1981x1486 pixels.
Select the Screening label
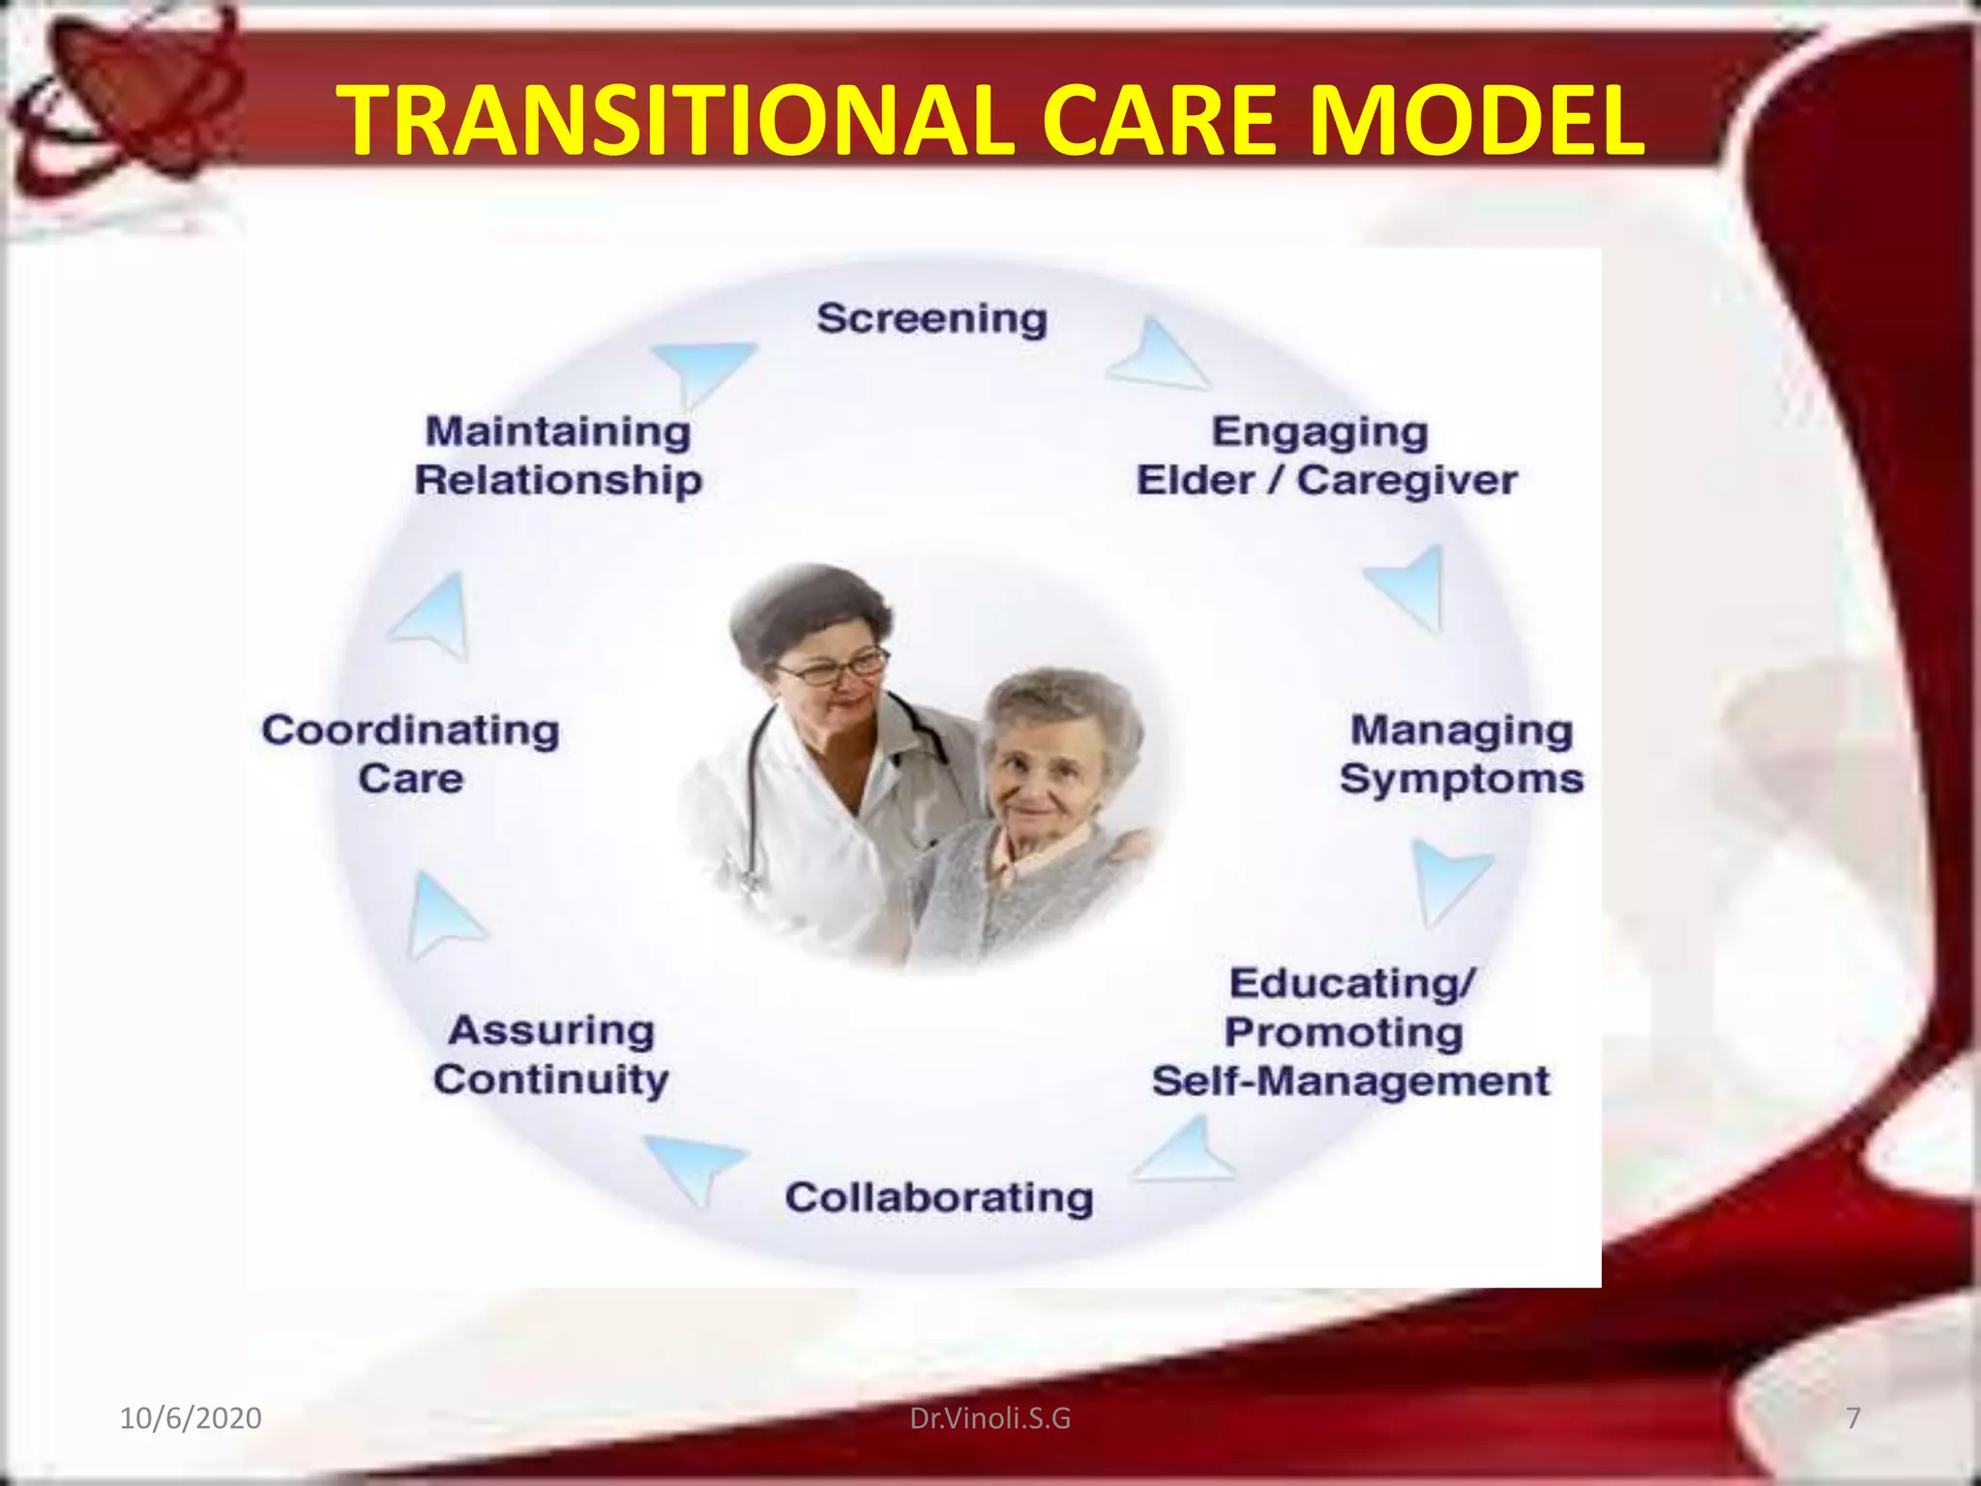931,318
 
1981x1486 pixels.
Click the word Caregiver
1406,481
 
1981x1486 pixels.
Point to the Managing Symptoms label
1461,755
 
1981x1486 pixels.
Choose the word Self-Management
1350,1082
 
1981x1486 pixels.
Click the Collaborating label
938,1198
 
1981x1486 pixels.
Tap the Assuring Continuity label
551,1055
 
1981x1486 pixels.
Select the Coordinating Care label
411,755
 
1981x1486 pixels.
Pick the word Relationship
558,481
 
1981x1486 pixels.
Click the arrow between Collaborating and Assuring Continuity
695,1166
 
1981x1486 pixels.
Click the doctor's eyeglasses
834,669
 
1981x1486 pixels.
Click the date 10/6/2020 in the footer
190,1418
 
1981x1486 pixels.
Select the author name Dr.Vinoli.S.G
990,1418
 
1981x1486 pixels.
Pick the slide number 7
1853,1418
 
